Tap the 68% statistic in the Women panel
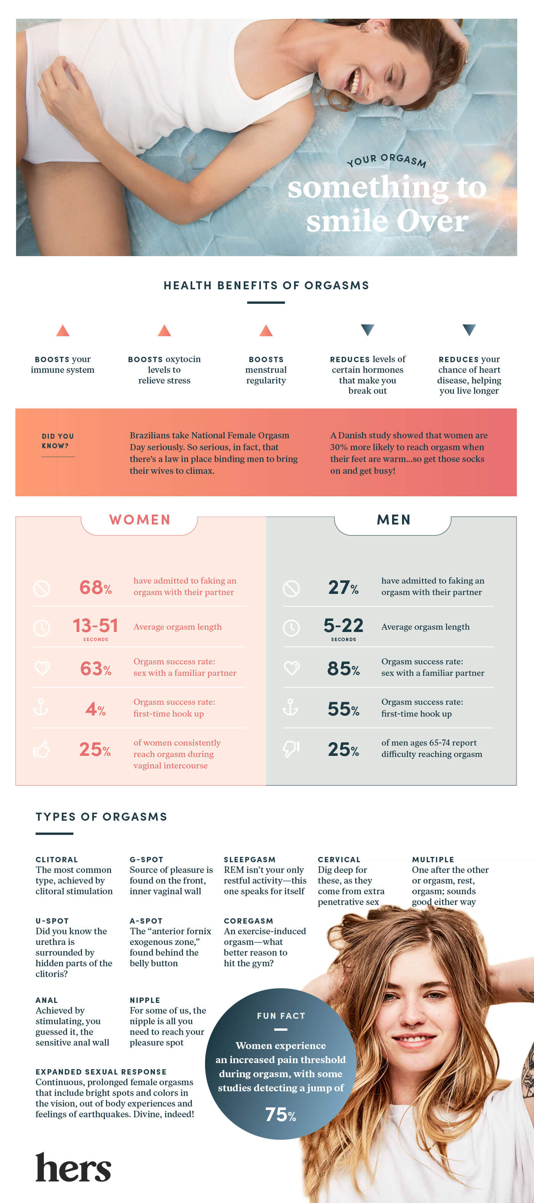click(x=95, y=587)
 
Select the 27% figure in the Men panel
click(x=343, y=587)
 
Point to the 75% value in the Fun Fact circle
click(x=280, y=1115)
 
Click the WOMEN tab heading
click(x=140, y=520)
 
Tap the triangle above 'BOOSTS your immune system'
click(x=63, y=330)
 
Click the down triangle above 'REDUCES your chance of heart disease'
click(x=469, y=330)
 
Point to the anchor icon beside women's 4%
click(x=41, y=708)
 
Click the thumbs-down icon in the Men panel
click(x=291, y=749)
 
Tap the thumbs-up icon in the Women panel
click(x=42, y=749)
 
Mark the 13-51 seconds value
click(x=95, y=626)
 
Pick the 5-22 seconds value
click(x=343, y=626)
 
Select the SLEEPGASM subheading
click(x=249, y=859)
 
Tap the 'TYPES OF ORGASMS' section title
click(x=101, y=817)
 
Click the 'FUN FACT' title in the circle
click(x=281, y=1016)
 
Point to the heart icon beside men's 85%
click(x=291, y=668)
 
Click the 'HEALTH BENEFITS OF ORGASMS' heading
click(x=266, y=286)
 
